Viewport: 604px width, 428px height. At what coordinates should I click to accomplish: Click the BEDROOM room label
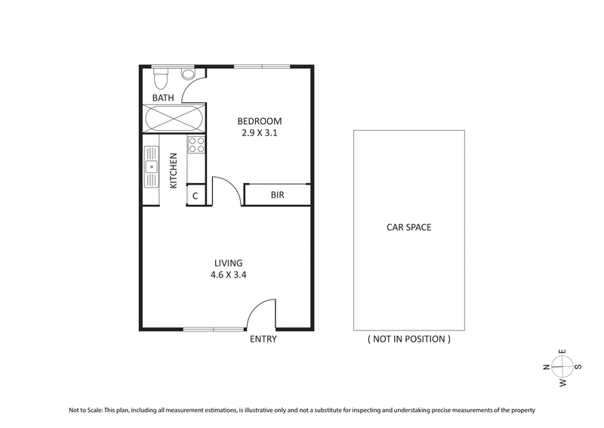tap(260, 121)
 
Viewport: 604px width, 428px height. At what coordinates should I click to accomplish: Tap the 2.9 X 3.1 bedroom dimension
tap(260, 134)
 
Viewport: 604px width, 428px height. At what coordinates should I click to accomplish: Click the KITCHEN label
tap(174, 170)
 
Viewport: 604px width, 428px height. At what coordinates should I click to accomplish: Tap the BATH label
tap(163, 98)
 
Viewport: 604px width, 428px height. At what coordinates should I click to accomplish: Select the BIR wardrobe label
tap(277, 195)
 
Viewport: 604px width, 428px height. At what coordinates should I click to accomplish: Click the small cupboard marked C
tap(196, 196)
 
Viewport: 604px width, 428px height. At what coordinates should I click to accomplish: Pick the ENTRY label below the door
tap(263, 340)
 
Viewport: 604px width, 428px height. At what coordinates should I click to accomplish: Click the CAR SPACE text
tap(408, 227)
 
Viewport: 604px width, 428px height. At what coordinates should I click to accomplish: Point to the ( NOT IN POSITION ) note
tap(408, 340)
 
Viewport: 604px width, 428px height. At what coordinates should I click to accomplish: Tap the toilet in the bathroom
tap(160, 77)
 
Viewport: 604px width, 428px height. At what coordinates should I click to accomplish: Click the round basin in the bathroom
tap(188, 73)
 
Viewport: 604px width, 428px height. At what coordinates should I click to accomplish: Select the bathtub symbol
tap(174, 119)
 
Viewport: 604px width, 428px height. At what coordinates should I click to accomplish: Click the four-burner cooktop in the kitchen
tap(196, 144)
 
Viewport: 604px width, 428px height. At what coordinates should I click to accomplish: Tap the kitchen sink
tap(151, 166)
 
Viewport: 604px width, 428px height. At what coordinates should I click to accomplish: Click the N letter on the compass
tap(546, 367)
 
